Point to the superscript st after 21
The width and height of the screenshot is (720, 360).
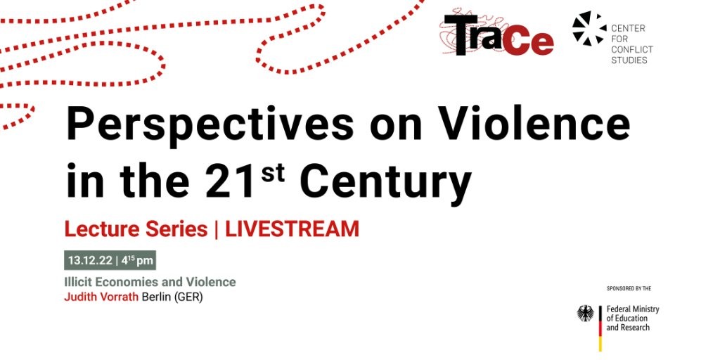pos(272,172)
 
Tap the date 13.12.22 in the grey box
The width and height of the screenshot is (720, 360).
pos(91,261)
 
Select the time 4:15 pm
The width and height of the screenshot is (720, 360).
pos(137,261)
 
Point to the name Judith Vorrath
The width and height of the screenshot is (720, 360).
pos(101,297)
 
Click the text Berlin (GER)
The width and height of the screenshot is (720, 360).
pos(172,297)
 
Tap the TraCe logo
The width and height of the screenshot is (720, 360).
pos(499,35)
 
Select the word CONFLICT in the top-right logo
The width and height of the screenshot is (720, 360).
pos(632,50)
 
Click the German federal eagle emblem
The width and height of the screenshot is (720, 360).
pos(586,313)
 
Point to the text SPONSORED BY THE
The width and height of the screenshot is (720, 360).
pos(629,289)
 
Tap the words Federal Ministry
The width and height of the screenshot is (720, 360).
pos(633,309)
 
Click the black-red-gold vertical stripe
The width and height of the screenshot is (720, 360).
pos(600,328)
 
